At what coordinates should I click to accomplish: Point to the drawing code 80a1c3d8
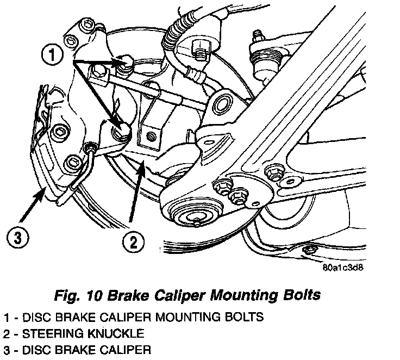(x=342, y=268)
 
